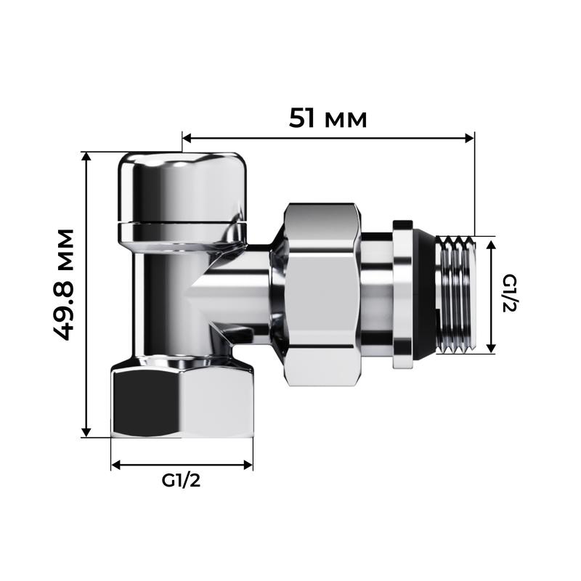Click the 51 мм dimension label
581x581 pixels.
pyautogui.click(x=328, y=118)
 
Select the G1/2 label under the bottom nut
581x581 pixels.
pyautogui.click(x=181, y=480)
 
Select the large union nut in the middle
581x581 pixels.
pyautogui.click(x=322, y=294)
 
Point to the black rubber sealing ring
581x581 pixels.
pyautogui.click(x=426, y=294)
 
